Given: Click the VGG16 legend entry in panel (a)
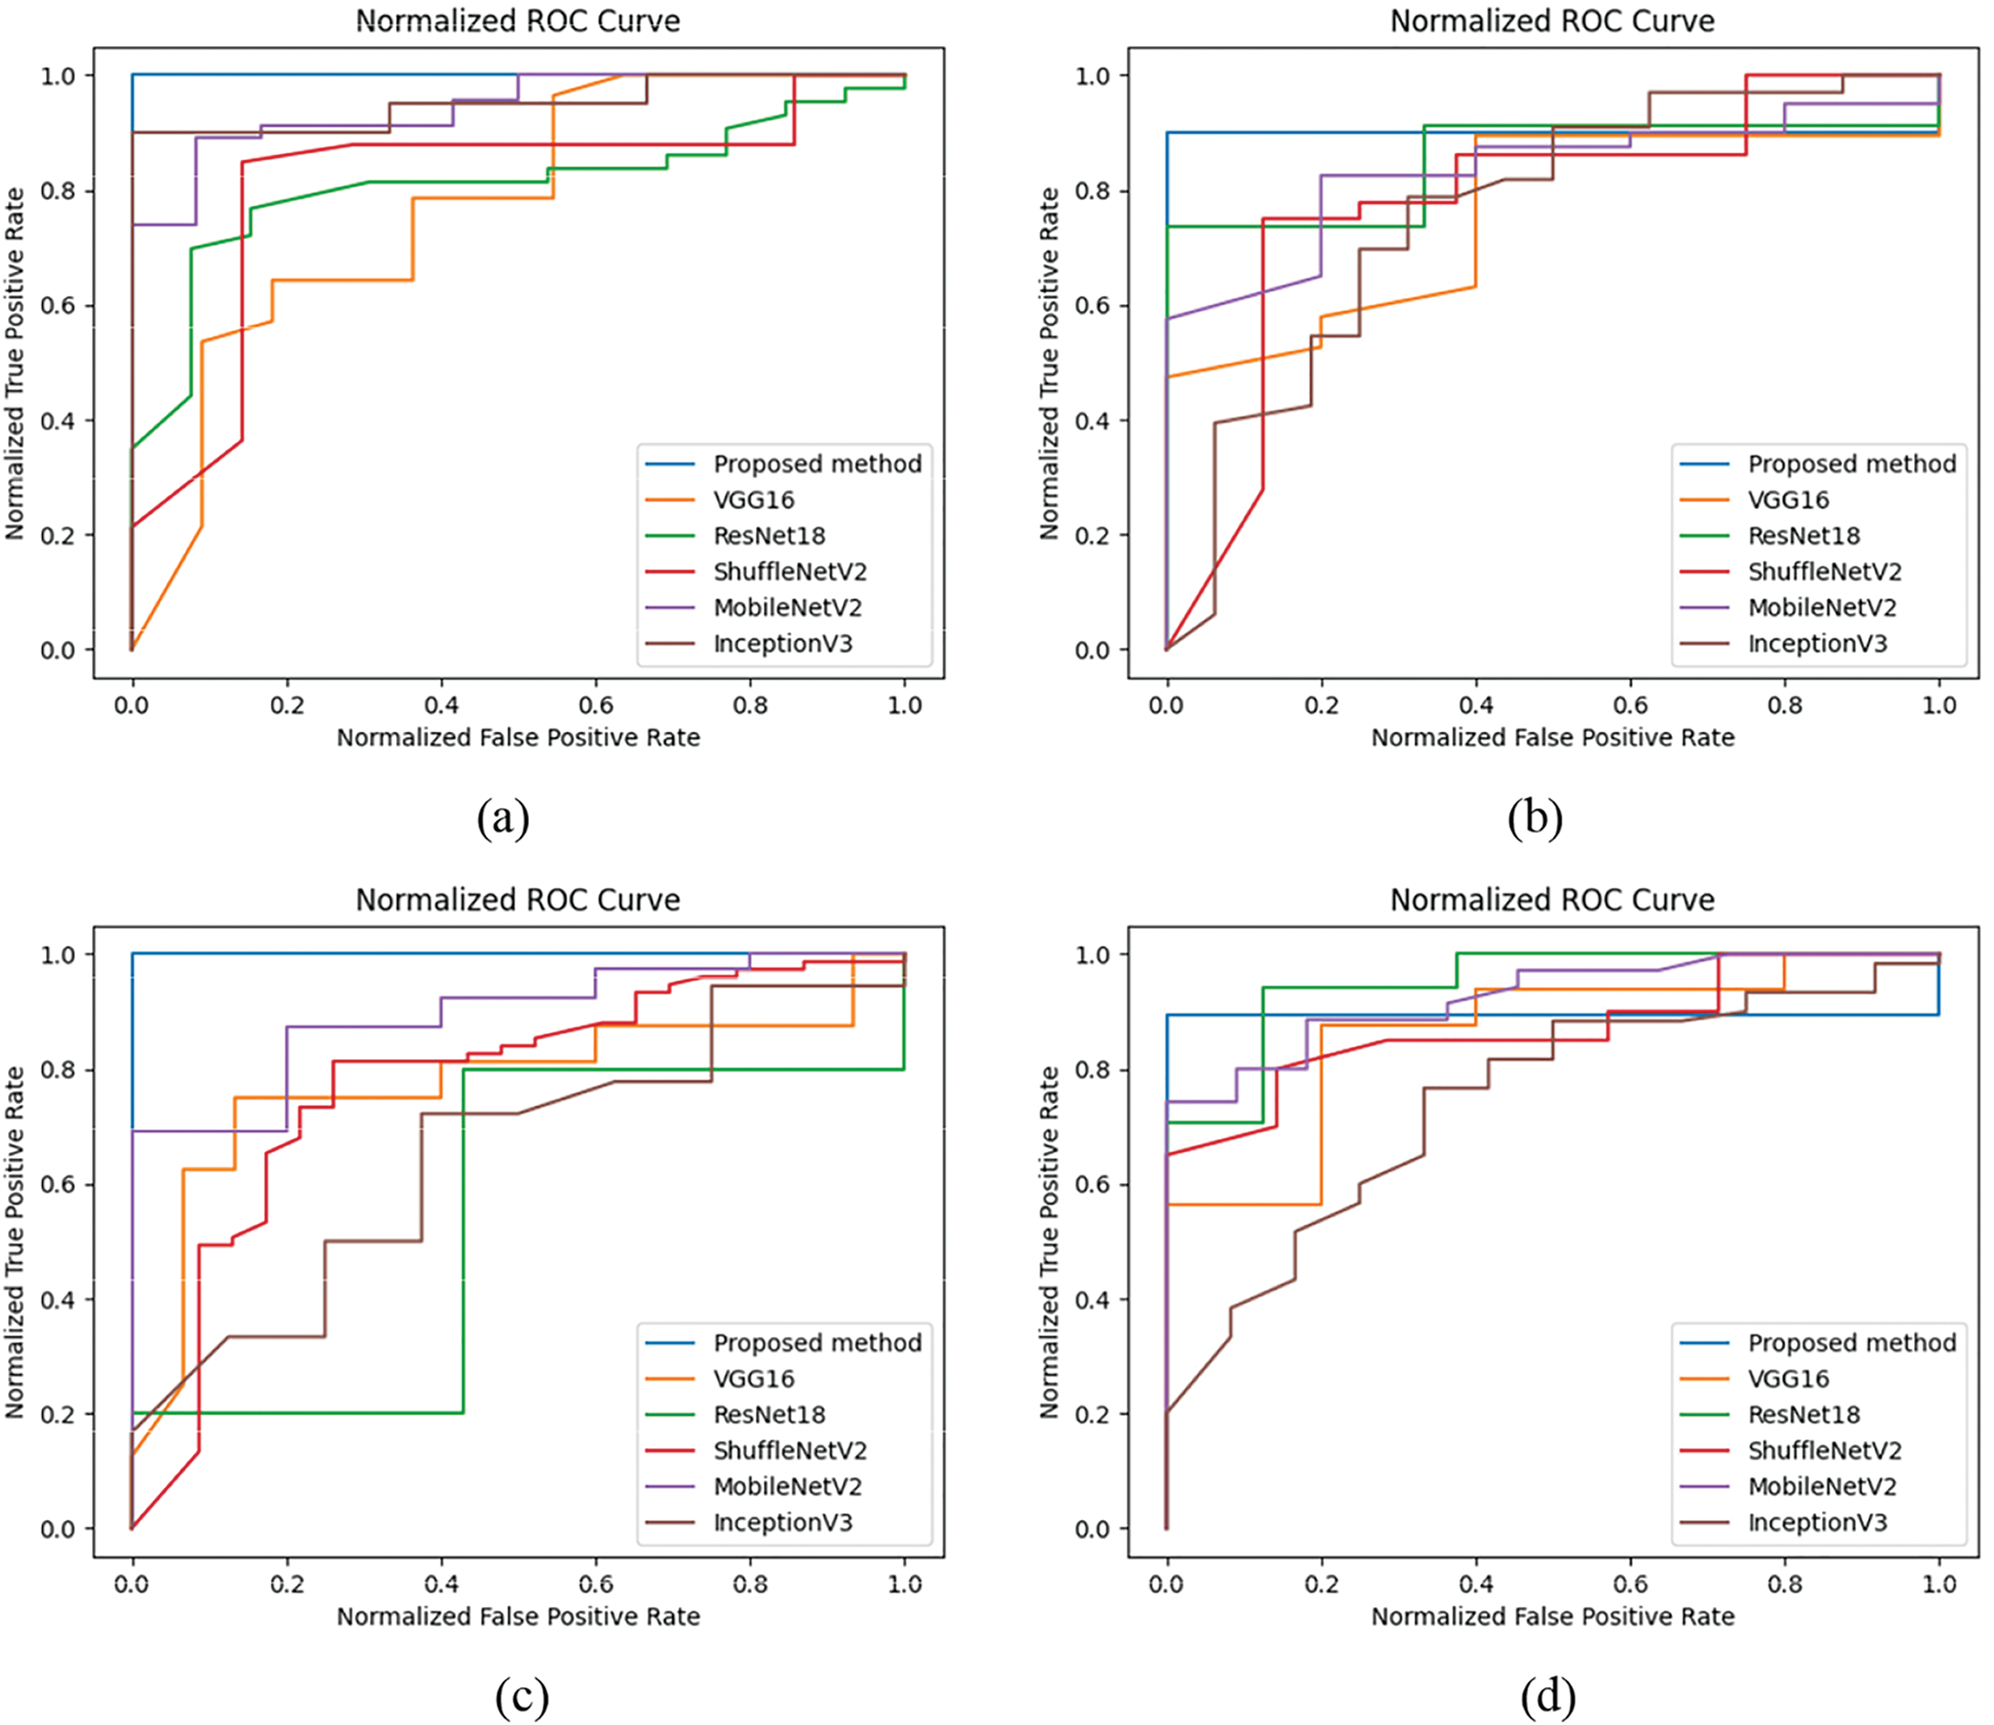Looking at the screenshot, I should [754, 500].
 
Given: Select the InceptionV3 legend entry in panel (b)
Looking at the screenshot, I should [1817, 643].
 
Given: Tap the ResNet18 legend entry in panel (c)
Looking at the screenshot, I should [769, 1414].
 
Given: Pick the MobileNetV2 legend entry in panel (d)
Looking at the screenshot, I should [1822, 1486].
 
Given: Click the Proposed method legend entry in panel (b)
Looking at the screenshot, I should [1852, 464].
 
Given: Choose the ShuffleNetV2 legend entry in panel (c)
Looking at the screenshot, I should [789, 1450].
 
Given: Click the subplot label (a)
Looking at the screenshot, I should [502, 819].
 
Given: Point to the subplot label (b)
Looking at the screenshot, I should [1536, 819].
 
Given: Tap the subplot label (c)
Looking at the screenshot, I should [522, 1696].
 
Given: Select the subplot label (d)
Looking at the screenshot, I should [1547, 1696].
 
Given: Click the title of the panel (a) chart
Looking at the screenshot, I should [518, 21].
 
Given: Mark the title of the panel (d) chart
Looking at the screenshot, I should [1552, 900].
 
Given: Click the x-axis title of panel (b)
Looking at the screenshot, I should [1552, 738].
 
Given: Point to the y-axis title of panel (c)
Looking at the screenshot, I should [15, 1242].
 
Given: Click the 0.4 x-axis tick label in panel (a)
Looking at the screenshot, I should [442, 706].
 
